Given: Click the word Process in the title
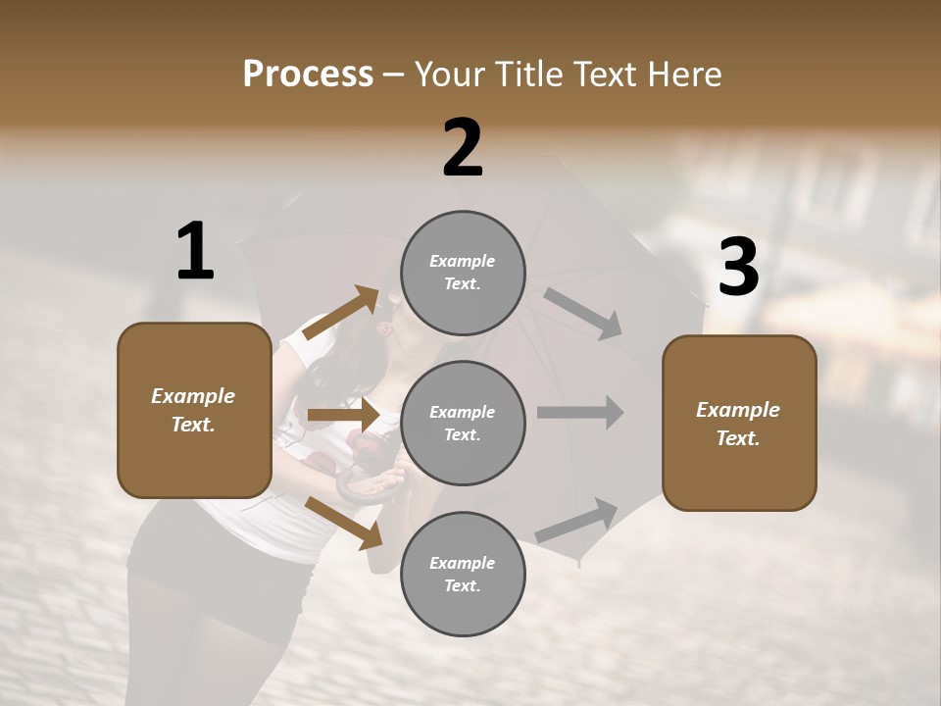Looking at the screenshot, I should (308, 75).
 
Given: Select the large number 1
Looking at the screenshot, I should (195, 251).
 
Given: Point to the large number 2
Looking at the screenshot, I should (463, 148).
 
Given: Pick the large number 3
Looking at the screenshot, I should (738, 268).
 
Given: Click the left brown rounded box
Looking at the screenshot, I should (194, 410).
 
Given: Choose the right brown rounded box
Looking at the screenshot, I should (739, 423).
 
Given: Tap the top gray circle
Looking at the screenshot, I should (463, 273).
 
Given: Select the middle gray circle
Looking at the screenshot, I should (463, 423).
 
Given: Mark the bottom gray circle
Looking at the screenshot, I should (463, 574).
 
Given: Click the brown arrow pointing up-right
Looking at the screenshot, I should (341, 313).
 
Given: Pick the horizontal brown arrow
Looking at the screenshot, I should (343, 415).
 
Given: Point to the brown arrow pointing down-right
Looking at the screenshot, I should (343, 523).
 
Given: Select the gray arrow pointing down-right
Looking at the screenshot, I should (582, 313).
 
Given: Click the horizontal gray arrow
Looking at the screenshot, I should (580, 412).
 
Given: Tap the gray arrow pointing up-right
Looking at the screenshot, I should (576, 521).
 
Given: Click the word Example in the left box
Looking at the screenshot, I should (193, 396).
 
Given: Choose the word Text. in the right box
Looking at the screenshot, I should (738, 438).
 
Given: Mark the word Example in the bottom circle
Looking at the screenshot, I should (463, 563).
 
